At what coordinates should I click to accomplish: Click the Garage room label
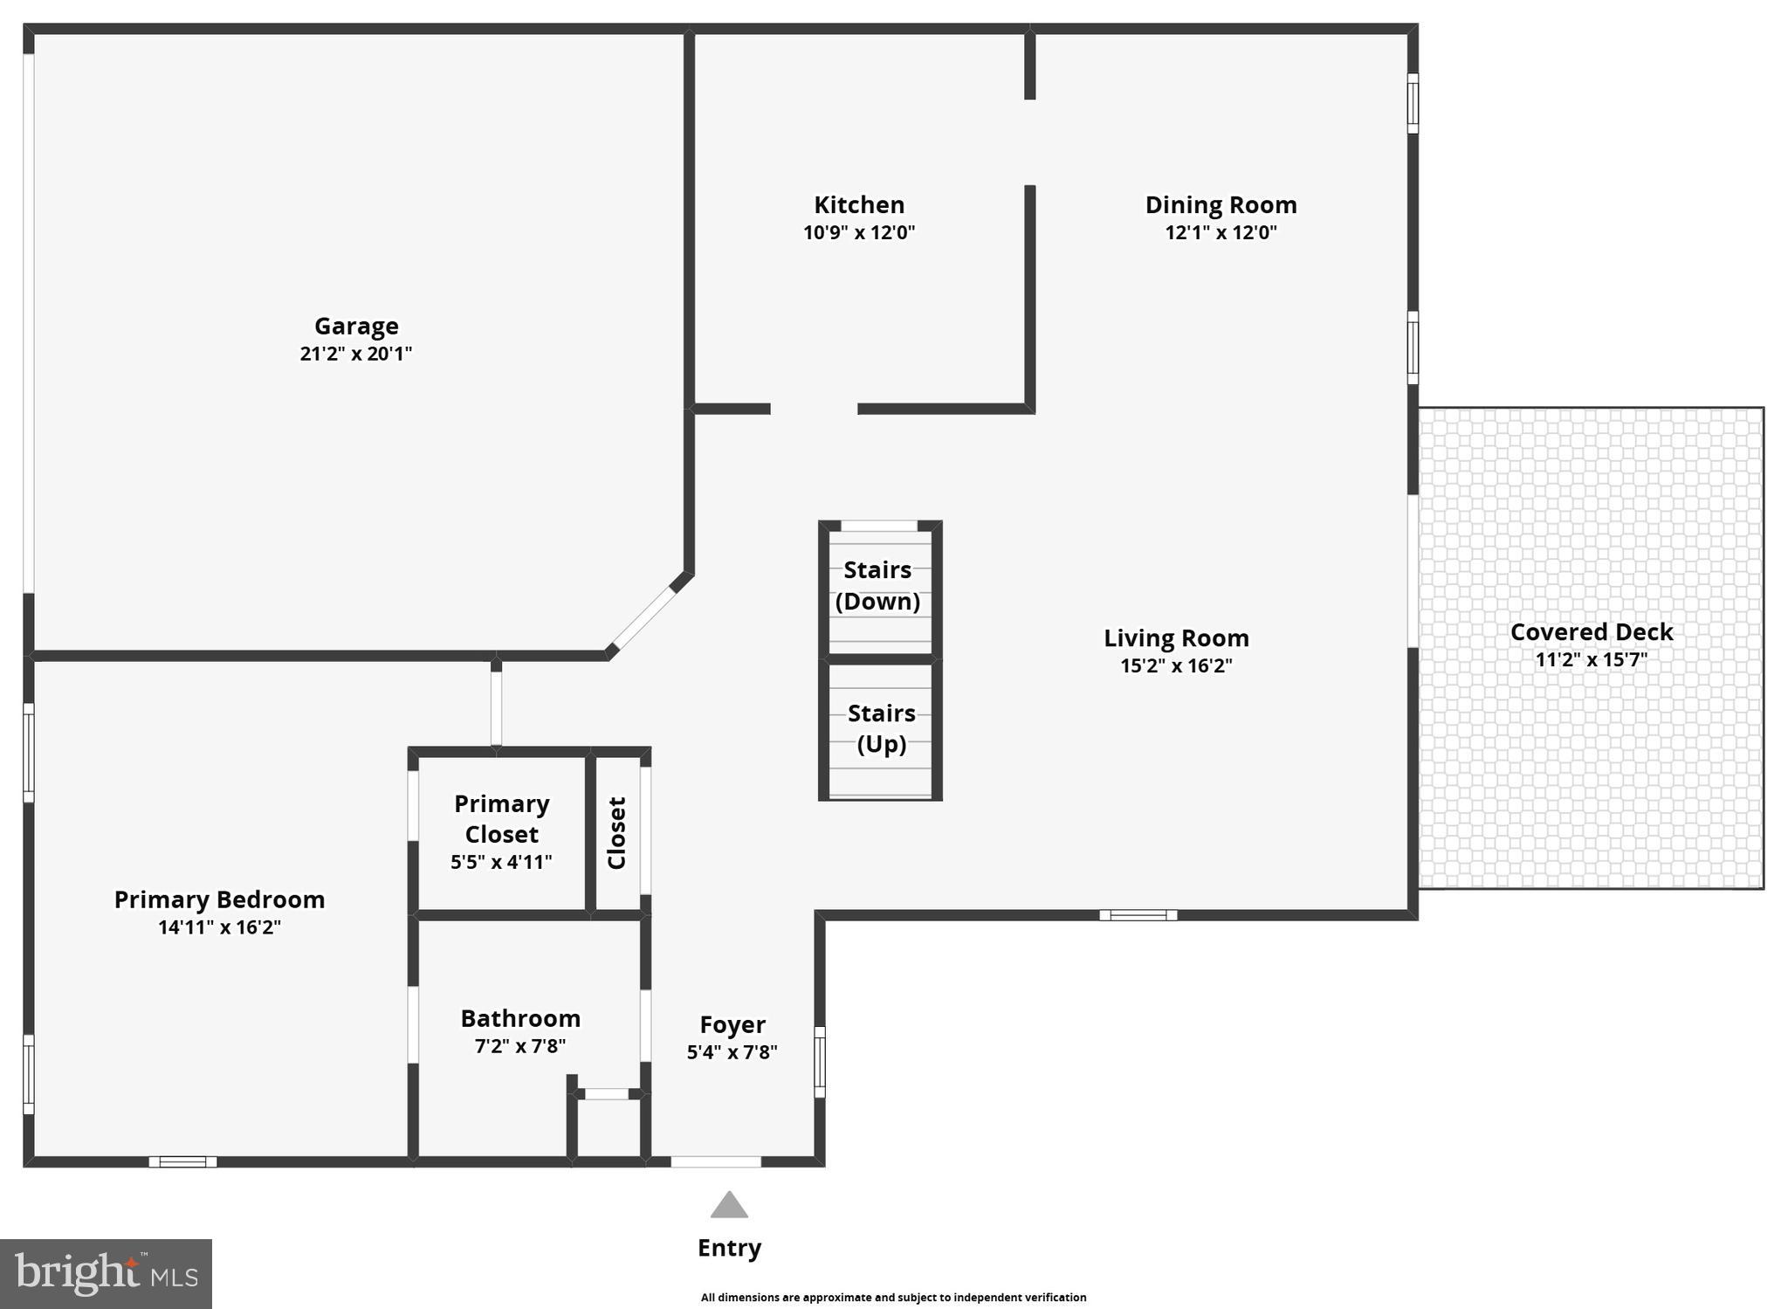click(356, 326)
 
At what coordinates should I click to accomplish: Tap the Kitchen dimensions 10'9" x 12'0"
click(859, 232)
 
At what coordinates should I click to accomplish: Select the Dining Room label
click(1221, 205)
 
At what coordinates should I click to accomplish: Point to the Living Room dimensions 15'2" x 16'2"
click(1176, 665)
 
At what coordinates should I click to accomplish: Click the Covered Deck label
click(1591, 632)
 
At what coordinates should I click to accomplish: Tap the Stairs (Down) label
click(877, 585)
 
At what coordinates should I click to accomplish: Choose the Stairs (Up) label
click(881, 728)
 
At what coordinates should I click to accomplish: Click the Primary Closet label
click(501, 818)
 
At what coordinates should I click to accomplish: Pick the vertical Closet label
click(616, 833)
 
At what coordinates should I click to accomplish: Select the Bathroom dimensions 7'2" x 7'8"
click(520, 1045)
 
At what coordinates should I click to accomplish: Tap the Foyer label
click(732, 1024)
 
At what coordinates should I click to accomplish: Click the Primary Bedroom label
click(219, 899)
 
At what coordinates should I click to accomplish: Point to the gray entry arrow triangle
click(729, 1205)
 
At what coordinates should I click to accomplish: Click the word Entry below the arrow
click(729, 1248)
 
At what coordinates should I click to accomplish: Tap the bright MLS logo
click(106, 1273)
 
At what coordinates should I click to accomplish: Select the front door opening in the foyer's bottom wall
click(716, 1161)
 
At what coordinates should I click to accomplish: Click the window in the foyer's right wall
click(820, 1062)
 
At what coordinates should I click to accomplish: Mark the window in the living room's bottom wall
click(1138, 915)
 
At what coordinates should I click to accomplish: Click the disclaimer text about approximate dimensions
click(893, 1298)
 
